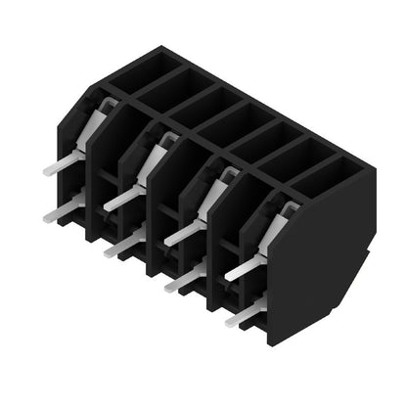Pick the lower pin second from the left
click(x=121, y=243)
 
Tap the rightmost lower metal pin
click(x=243, y=312)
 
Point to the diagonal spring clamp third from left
click(x=217, y=194)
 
